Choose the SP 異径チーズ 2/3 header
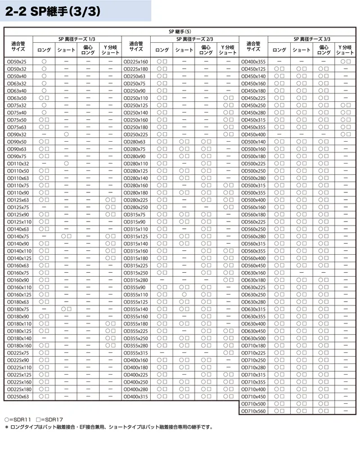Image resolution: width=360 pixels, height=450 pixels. [x=194, y=39]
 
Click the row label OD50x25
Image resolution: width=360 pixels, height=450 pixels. [x=17, y=61]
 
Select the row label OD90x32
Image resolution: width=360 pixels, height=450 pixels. [x=17, y=134]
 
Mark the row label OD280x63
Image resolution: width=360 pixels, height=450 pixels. [x=134, y=142]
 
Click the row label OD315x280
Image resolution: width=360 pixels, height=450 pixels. [x=136, y=280]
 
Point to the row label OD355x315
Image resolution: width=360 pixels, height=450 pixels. [x=136, y=353]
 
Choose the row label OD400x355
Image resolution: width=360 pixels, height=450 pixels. [x=253, y=61]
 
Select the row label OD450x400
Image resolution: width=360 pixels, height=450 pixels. [x=253, y=134]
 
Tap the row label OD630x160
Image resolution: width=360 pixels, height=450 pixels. [x=253, y=273]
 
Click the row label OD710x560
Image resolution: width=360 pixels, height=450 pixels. [x=253, y=412]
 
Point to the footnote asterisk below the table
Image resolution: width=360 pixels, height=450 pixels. [x=7, y=427]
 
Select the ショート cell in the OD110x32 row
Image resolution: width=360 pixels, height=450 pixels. [x=66, y=163]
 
